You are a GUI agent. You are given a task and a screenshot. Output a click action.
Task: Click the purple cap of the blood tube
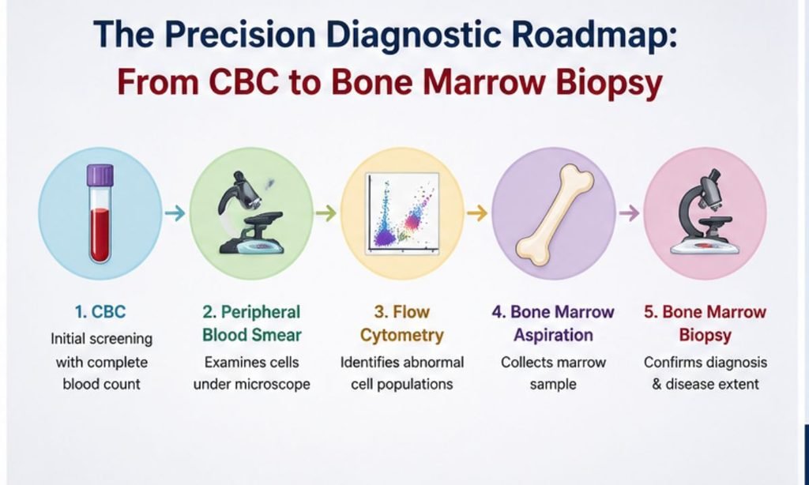[x=100, y=175]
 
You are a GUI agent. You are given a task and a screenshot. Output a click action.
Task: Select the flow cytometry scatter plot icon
[x=402, y=213]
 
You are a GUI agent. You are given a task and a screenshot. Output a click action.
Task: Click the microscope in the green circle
[x=251, y=213]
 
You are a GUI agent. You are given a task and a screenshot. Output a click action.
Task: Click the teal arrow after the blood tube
[x=175, y=212]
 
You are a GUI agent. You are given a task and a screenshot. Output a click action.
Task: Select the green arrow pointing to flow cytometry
[x=326, y=212]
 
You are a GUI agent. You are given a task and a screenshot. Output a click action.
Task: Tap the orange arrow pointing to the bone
[x=477, y=212]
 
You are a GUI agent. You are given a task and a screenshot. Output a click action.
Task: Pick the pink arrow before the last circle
[x=629, y=212]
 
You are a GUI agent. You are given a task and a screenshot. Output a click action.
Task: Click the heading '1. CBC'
[x=100, y=312]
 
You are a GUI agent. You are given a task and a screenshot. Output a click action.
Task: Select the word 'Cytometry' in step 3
[x=402, y=336]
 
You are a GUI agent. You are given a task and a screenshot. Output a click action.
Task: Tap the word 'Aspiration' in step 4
[x=553, y=336]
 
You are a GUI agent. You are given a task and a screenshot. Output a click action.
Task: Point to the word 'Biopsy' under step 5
[x=706, y=336]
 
